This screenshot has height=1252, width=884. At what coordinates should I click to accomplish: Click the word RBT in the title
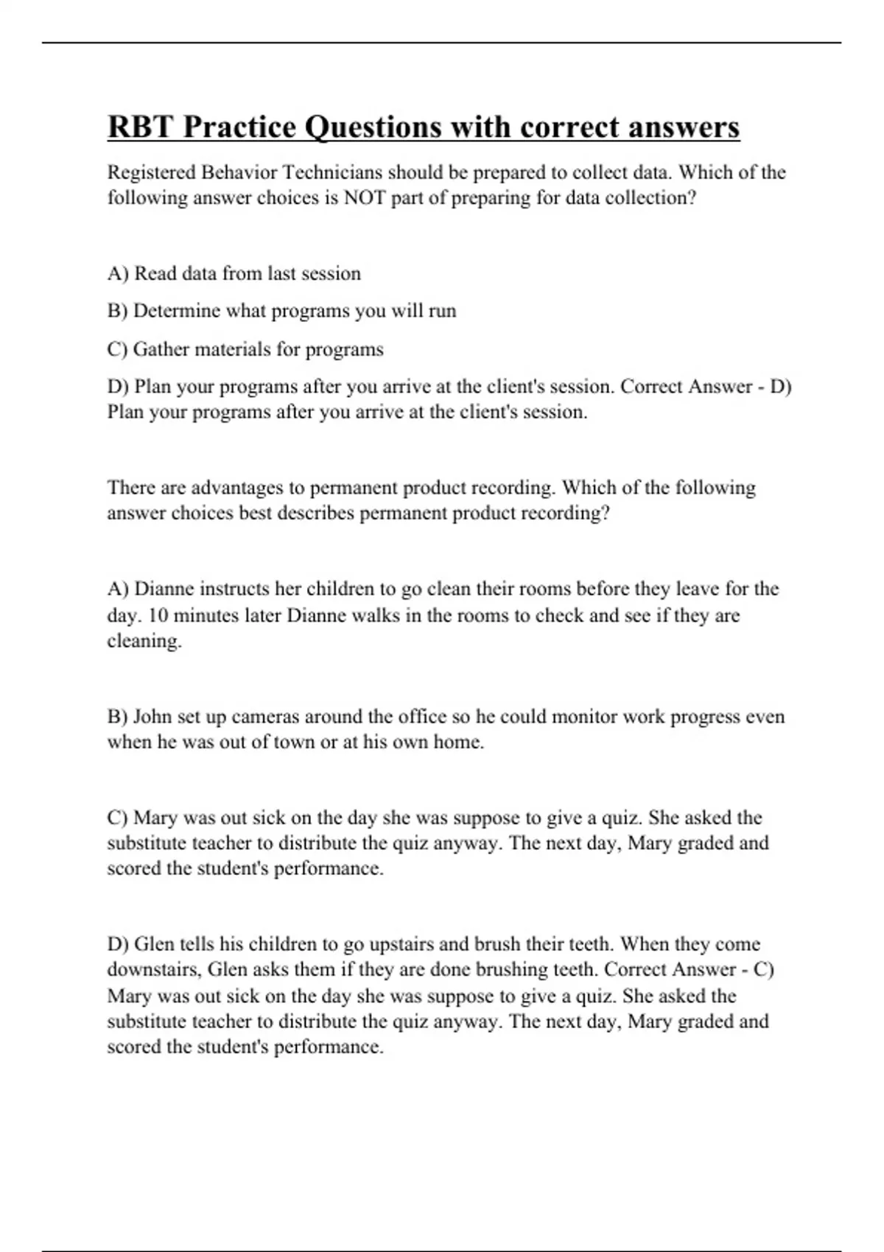141,127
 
